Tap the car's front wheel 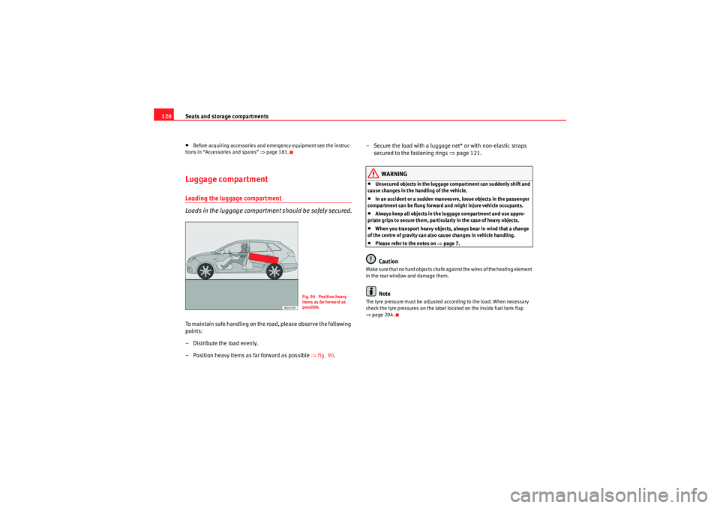pyautogui.click(x=201, y=272)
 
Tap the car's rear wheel pyautogui.click(x=273, y=271)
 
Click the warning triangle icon pyautogui.click(x=375, y=173)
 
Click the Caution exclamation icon pyautogui.click(x=371, y=259)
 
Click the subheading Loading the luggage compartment pyautogui.click(x=233, y=198)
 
